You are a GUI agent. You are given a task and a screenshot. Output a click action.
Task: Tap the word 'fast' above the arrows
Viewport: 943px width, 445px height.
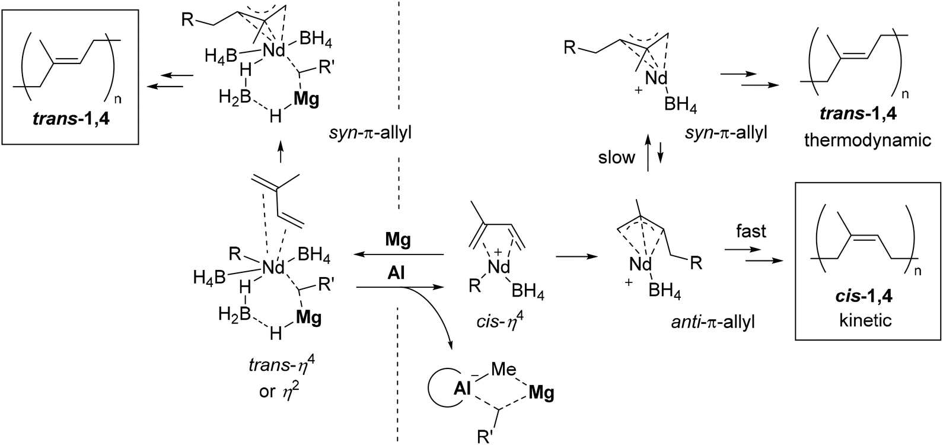tap(751, 231)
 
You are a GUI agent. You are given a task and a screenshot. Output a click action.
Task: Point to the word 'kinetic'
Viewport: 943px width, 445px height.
tap(866, 320)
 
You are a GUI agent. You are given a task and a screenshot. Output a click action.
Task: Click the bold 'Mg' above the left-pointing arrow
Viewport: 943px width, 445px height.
tap(399, 240)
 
